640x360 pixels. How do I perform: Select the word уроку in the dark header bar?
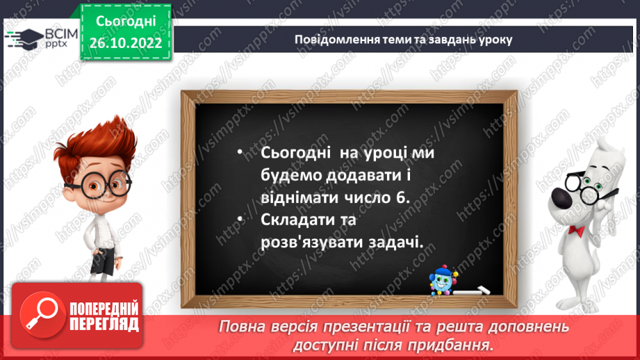(493, 40)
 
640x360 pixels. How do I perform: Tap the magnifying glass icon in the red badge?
(44, 315)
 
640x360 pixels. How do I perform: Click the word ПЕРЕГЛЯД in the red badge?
(104, 325)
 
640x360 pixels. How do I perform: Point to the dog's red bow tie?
(575, 229)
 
